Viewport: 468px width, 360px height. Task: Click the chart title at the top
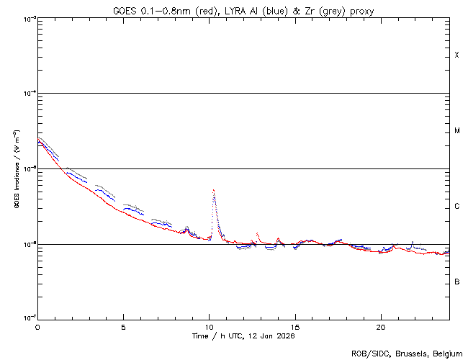click(x=243, y=10)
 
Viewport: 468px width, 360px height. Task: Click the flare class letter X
click(x=456, y=55)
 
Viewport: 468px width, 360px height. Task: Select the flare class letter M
click(x=456, y=131)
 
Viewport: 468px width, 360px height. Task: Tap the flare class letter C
click(x=456, y=207)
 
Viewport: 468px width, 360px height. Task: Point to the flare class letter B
click(x=456, y=282)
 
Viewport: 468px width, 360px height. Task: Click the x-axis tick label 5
click(x=123, y=326)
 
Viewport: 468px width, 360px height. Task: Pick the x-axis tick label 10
click(x=209, y=326)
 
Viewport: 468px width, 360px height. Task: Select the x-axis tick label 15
click(x=294, y=326)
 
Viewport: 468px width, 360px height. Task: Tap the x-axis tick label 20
click(x=380, y=326)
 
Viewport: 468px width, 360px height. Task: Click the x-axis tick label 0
click(x=37, y=326)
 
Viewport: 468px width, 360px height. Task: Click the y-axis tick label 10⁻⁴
click(x=27, y=94)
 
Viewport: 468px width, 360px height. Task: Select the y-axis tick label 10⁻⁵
click(x=27, y=169)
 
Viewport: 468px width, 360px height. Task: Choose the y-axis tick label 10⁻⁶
click(x=27, y=245)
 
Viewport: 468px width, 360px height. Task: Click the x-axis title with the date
click(x=243, y=336)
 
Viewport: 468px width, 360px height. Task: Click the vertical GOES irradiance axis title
click(x=16, y=168)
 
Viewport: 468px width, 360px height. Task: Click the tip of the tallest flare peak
click(x=214, y=190)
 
